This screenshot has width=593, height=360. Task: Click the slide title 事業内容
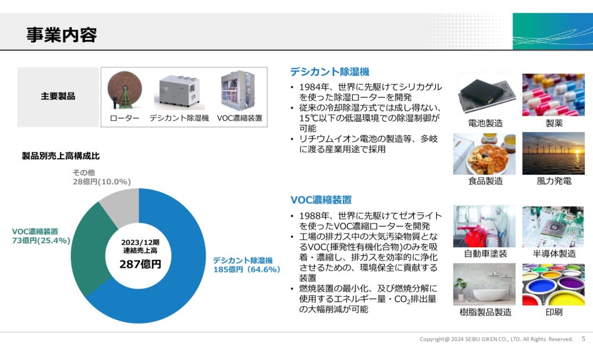tap(61, 35)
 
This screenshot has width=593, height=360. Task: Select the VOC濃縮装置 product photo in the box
tap(239, 90)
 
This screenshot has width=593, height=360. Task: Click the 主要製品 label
tap(58, 97)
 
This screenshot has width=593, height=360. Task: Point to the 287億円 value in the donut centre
tap(140, 264)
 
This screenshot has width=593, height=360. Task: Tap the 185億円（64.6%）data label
tap(247, 270)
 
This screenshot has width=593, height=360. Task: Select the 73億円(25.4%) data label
tap(41, 241)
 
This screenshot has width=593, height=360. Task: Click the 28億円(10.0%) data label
tap(102, 182)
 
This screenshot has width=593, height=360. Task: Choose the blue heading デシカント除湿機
tap(330, 72)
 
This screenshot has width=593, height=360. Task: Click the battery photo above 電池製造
tap(485, 95)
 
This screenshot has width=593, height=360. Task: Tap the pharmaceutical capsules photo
tap(553, 95)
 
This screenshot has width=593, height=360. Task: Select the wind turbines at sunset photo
tap(553, 153)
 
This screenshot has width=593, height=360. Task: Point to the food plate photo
tap(485, 154)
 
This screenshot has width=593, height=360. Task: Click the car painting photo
tap(485, 226)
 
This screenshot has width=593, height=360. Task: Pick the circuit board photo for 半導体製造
tap(553, 226)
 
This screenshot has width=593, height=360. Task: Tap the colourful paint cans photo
tap(553, 284)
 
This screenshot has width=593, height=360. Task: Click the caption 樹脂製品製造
tap(485, 313)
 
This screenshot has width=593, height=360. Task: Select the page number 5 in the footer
tap(584, 339)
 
